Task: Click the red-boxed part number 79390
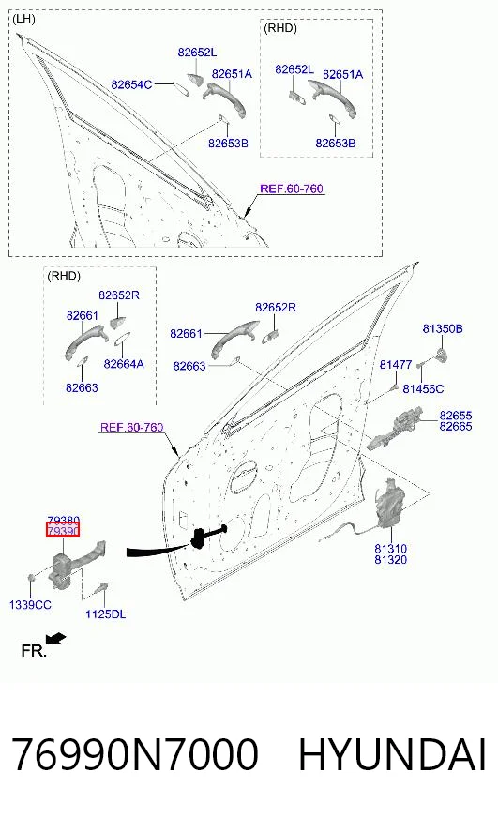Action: coord(63,531)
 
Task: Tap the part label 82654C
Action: coord(131,84)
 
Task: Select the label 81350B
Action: coord(443,328)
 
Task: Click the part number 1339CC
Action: coord(30,605)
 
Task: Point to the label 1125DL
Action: coord(105,614)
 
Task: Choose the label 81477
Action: coord(395,364)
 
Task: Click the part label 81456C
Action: coord(423,388)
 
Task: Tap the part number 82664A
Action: coord(124,364)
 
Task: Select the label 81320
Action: coord(390,560)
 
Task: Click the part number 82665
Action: coord(455,426)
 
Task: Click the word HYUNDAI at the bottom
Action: coord(392,754)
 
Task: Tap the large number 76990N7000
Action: coord(134,754)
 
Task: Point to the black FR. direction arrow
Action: coord(55,639)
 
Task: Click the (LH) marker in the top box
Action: coord(23,19)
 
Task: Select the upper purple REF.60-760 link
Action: coord(292,189)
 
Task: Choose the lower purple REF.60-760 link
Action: coord(131,427)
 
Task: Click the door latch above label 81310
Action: coord(388,504)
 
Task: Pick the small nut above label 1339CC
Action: coord(31,578)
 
